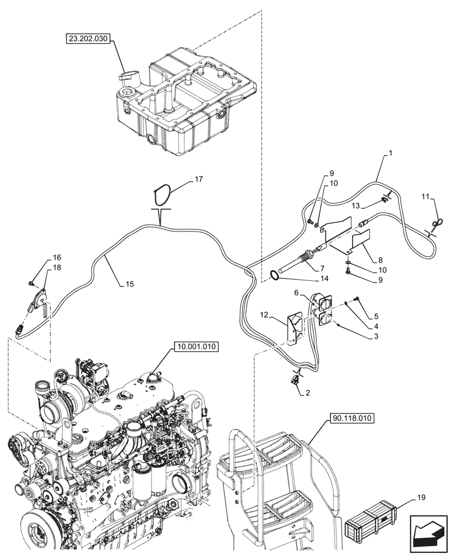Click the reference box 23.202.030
88,39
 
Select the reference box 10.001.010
197,347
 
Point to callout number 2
304,393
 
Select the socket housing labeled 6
324,309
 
